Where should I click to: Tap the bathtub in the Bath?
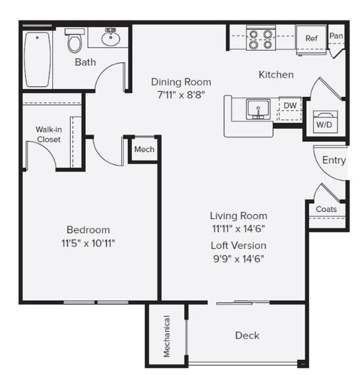[x=38, y=60]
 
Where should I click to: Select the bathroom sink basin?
[x=111, y=39]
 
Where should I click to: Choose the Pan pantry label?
[x=336, y=36]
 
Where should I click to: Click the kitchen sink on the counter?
[x=258, y=110]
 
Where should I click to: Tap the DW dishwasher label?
[x=290, y=106]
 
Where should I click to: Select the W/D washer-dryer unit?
[x=325, y=121]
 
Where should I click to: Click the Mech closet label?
[x=144, y=149]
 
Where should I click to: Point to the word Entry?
[x=334, y=160]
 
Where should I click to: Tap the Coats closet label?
[x=326, y=209]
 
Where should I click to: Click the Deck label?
[x=247, y=335]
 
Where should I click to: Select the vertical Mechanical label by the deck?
[x=167, y=336]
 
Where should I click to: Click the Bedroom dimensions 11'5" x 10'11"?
[x=88, y=244]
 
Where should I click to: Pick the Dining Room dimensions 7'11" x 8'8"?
[x=181, y=95]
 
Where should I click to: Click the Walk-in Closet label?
[x=49, y=135]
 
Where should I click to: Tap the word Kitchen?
[x=276, y=75]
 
